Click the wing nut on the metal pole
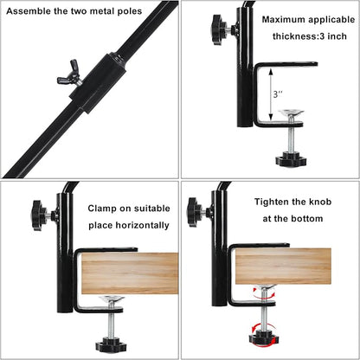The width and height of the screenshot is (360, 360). [68, 77]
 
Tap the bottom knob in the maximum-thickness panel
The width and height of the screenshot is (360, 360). [288, 158]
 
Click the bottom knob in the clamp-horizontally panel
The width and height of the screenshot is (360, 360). [110, 344]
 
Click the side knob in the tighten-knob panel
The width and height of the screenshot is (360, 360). [196, 212]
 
